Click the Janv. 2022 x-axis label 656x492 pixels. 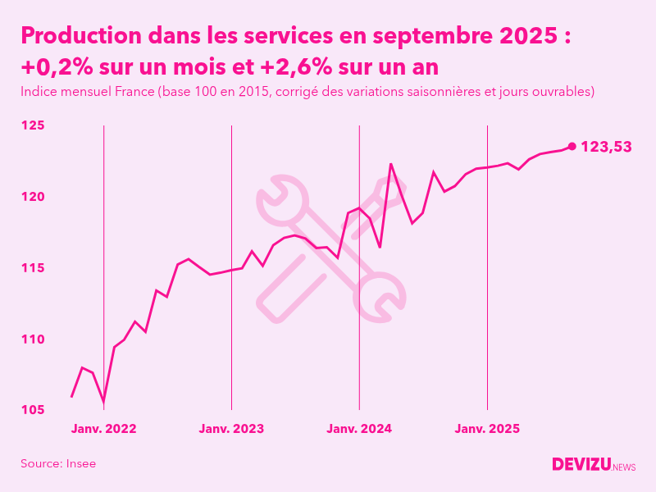[x=103, y=429]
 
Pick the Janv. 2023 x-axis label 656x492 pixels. [x=231, y=429]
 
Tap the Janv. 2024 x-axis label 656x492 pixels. [x=359, y=429]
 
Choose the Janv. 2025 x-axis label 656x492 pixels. [x=488, y=429]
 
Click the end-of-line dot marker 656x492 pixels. [x=572, y=147]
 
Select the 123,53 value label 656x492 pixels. [x=606, y=147]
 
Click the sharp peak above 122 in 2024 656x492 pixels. [x=391, y=164]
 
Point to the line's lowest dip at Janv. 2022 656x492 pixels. [x=103, y=403]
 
